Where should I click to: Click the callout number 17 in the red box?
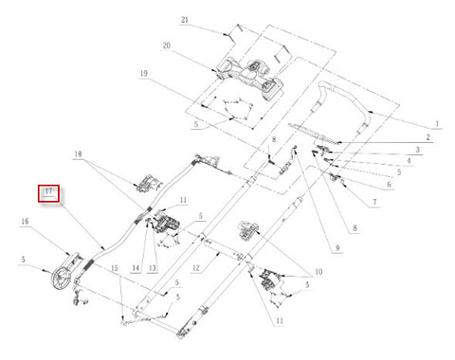(x=48, y=191)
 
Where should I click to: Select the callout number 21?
(x=185, y=20)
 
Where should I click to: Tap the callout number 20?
(x=167, y=45)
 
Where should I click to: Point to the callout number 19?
(x=144, y=74)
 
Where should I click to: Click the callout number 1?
(x=437, y=123)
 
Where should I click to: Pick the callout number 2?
(x=428, y=137)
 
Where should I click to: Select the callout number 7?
(x=374, y=202)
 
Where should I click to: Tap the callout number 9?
(x=337, y=248)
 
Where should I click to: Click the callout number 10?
(x=318, y=272)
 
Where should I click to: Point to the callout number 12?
(x=196, y=268)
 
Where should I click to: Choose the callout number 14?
(x=136, y=268)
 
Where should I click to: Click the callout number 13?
(x=153, y=268)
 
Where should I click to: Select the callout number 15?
(x=115, y=268)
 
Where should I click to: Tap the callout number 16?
(x=25, y=222)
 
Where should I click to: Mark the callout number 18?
(x=78, y=153)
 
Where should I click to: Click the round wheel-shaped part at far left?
(x=60, y=279)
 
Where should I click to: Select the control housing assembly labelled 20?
(x=249, y=78)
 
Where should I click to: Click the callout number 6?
(x=389, y=184)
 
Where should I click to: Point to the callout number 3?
(x=417, y=150)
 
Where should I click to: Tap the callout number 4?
(x=409, y=161)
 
